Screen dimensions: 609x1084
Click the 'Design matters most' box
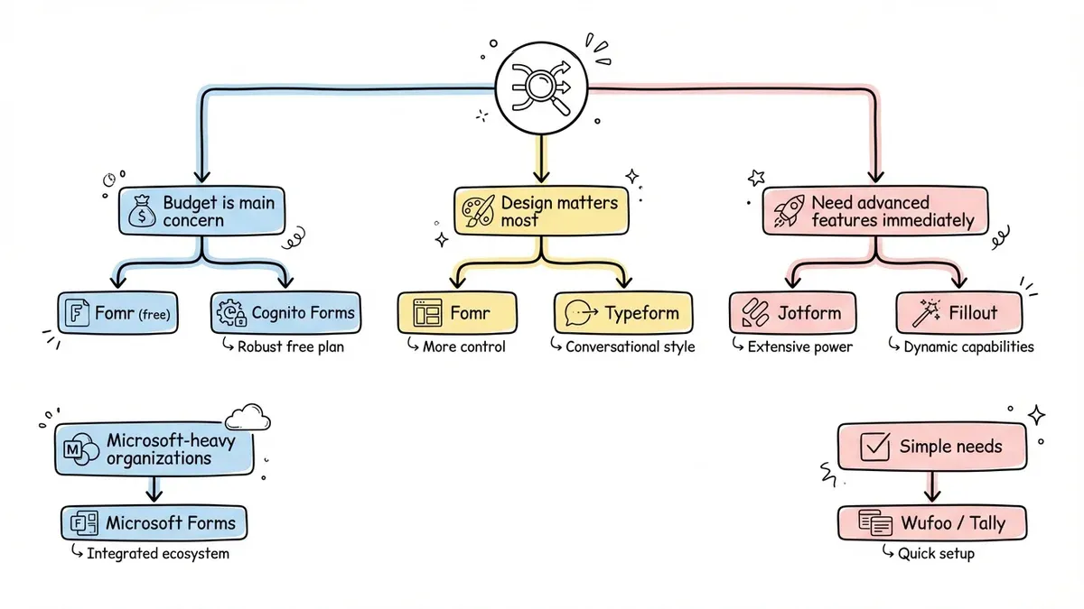(x=539, y=212)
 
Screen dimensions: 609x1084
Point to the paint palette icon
(x=477, y=213)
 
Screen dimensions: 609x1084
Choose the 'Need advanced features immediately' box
(x=874, y=211)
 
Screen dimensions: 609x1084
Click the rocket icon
(x=785, y=212)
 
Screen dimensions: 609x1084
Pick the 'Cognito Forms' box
(x=287, y=313)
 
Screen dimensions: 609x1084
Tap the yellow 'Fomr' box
(x=457, y=313)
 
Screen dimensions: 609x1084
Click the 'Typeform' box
(x=622, y=313)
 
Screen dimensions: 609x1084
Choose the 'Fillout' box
(x=959, y=313)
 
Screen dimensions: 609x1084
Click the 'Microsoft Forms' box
(x=154, y=522)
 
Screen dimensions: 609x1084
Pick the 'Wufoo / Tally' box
(x=934, y=522)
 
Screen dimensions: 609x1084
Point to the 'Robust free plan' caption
(x=289, y=346)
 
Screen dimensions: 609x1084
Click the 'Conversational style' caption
(x=629, y=346)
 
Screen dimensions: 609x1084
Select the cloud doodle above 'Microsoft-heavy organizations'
(x=248, y=416)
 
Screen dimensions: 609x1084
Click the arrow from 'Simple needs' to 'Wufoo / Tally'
(x=933, y=487)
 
